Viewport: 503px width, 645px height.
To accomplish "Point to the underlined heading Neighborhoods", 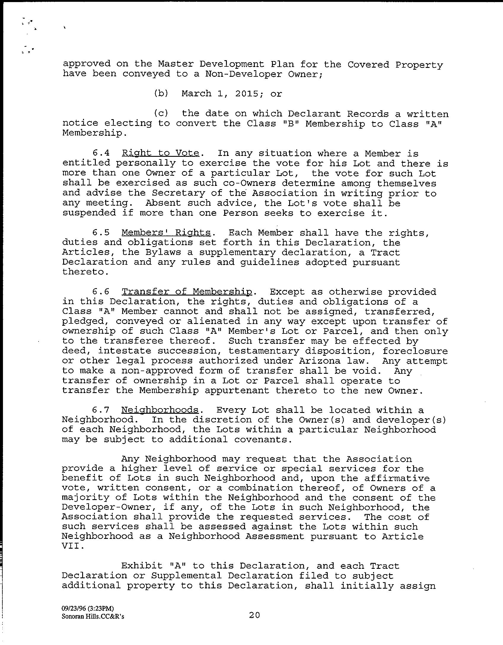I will (x=160, y=410).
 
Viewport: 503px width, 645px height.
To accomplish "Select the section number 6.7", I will (x=101, y=410).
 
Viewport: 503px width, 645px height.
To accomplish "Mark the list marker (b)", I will (x=161, y=94).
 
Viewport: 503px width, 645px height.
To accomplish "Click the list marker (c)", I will (x=161, y=114).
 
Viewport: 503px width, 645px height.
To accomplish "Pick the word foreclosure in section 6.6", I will (x=415, y=351).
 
